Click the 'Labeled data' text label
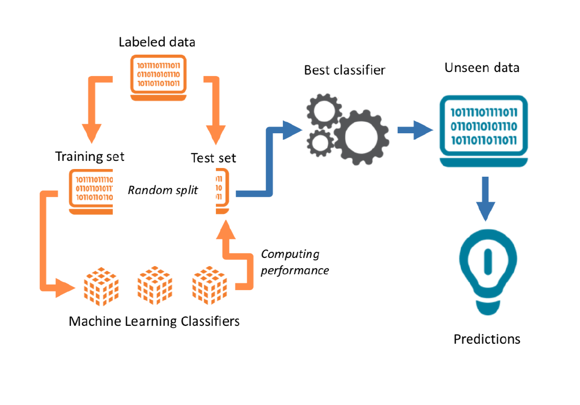[157, 42]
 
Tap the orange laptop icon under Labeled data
[158, 76]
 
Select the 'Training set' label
[90, 156]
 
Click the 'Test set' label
[213, 158]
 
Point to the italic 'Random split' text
[162, 190]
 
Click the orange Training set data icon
[91, 191]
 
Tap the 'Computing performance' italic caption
[295, 262]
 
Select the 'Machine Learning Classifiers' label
[154, 321]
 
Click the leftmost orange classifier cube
[100, 284]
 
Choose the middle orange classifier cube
[155, 284]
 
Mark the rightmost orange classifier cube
[209, 284]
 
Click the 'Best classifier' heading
[345, 70]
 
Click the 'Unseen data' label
[482, 68]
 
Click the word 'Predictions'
[487, 339]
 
